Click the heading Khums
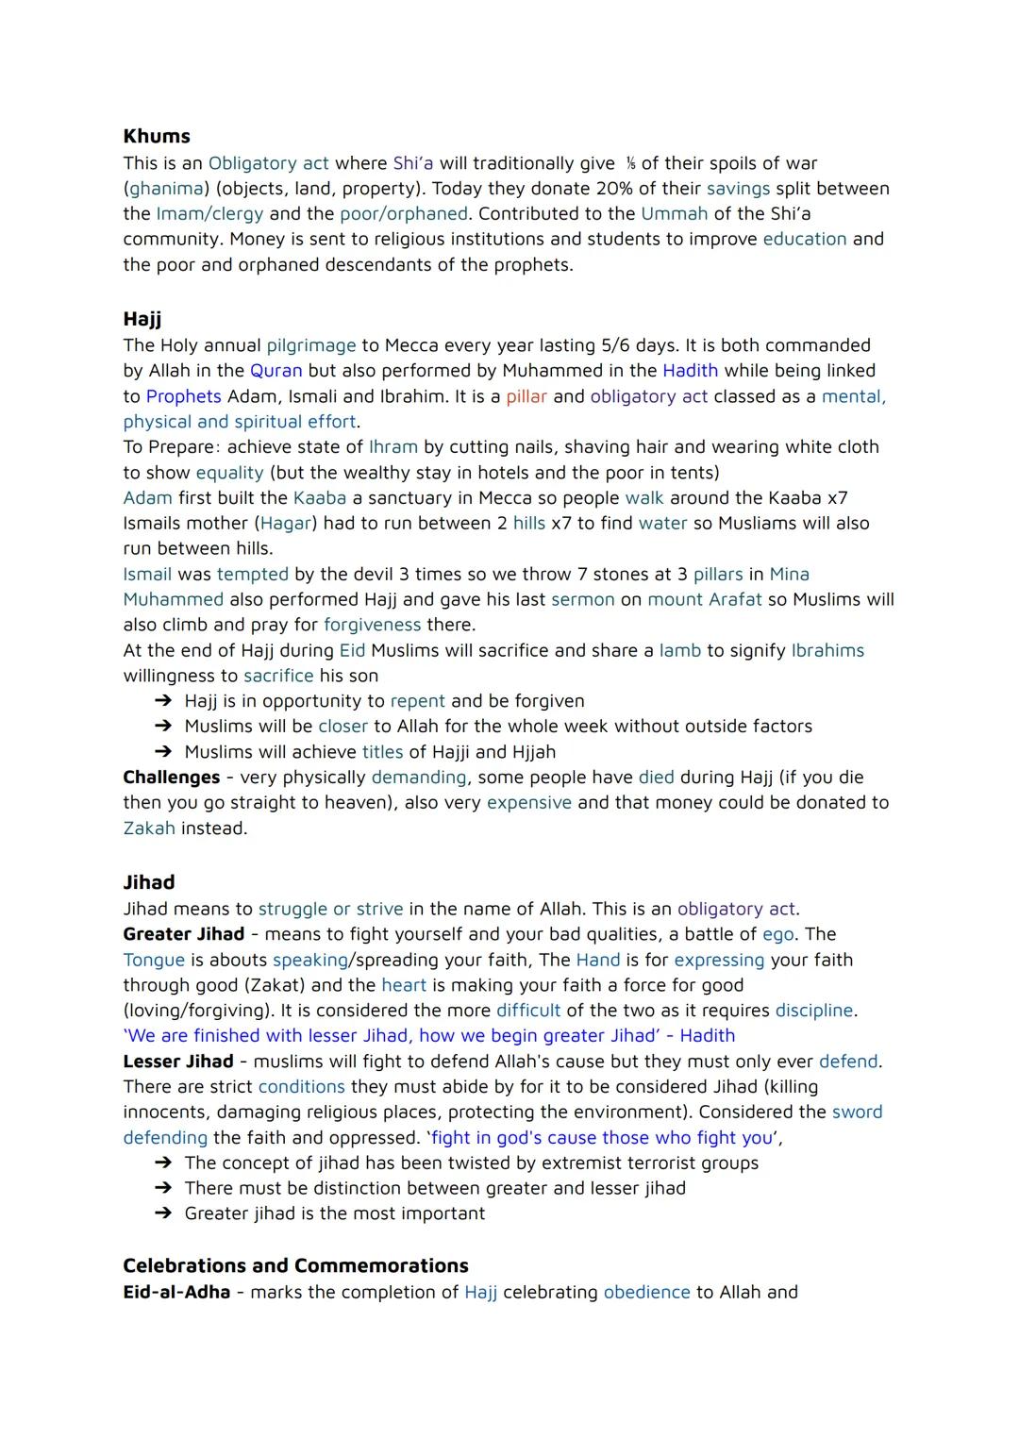(157, 136)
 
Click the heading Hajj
(142, 319)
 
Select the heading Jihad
(149, 882)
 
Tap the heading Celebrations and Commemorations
(295, 1265)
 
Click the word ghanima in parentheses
(166, 189)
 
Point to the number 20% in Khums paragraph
(614, 189)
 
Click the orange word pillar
(526, 396)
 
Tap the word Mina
(790, 575)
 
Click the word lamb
(679, 651)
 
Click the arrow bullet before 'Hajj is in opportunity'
(163, 701)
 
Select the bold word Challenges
(172, 778)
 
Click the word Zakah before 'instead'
(149, 828)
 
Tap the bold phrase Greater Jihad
(183, 934)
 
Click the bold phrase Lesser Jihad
(178, 1062)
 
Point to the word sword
(857, 1113)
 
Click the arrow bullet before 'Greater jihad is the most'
(163, 1213)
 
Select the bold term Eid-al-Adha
(176, 1293)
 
